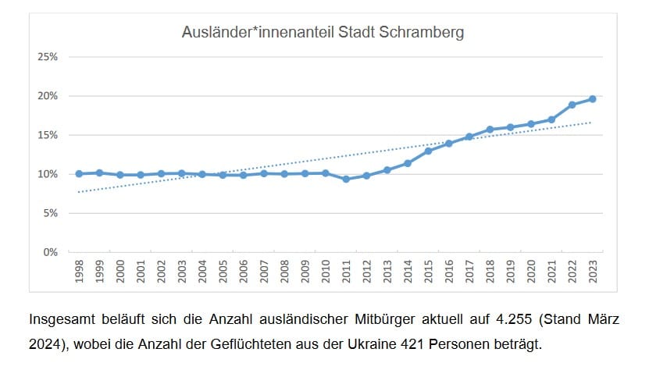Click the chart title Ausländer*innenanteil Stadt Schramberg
[323, 33]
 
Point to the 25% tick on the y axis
[49, 57]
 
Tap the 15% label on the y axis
[49, 135]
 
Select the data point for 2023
[592, 99]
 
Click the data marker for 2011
[346, 179]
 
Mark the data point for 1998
[79, 173]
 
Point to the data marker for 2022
[572, 105]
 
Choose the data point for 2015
[428, 151]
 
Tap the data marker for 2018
[490, 130]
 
